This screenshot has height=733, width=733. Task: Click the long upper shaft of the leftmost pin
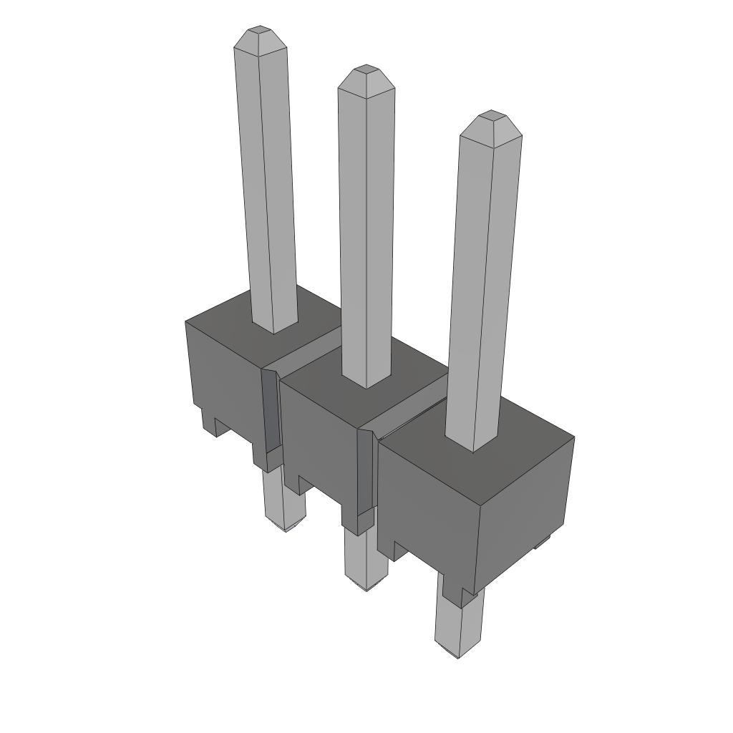pyautogui.click(x=266, y=186)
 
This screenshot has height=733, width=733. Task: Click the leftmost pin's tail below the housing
pyautogui.click(x=283, y=501)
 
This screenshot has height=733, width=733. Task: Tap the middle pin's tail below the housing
pyautogui.click(x=365, y=562)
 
